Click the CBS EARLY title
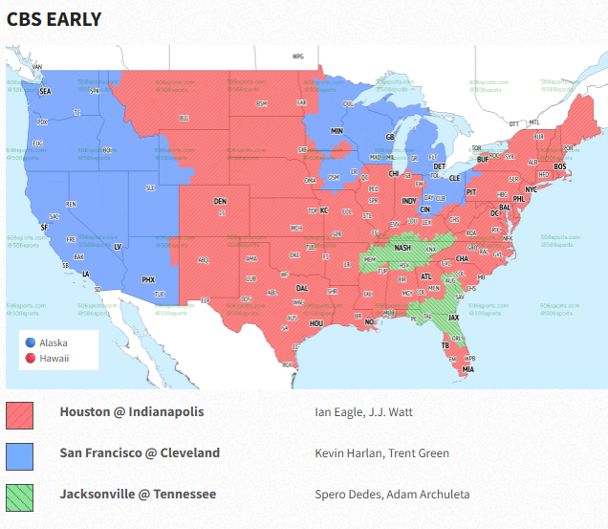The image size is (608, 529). click(54, 19)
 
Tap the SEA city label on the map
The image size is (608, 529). click(45, 92)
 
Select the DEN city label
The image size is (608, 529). click(221, 201)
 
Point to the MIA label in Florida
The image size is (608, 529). click(467, 369)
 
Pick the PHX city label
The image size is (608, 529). click(148, 279)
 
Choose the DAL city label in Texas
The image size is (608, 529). click(302, 288)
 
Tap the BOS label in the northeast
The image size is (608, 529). click(560, 166)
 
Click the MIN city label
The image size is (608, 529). click(337, 130)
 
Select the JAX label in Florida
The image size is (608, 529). click(454, 318)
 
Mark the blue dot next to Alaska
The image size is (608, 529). click(31, 342)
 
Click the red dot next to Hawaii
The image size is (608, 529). click(31, 359)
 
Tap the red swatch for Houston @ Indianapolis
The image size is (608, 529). click(20, 414)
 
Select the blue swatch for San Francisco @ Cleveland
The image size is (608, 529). click(20, 455)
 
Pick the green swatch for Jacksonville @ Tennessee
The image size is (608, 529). click(20, 496)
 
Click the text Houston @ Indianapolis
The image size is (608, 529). click(131, 412)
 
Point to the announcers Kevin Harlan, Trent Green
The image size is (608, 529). click(381, 453)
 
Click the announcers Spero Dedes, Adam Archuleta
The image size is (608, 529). click(392, 495)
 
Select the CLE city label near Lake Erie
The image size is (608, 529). click(455, 178)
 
